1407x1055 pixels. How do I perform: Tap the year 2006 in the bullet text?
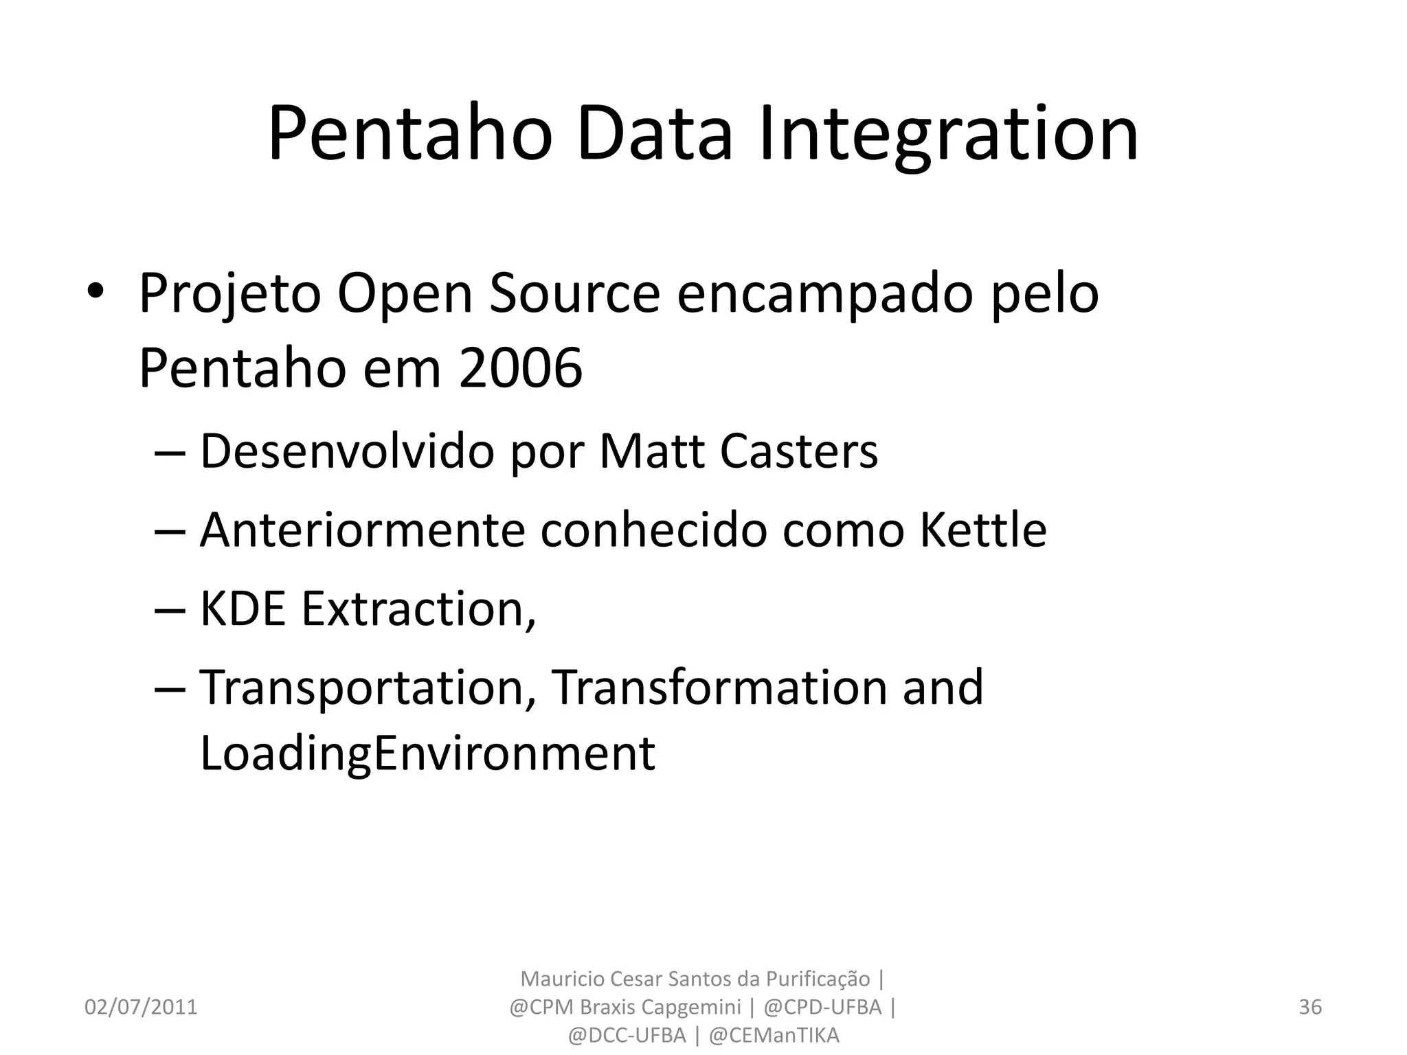coord(521,369)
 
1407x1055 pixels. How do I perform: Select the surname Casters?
coord(799,452)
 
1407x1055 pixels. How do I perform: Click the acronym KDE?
coord(242,609)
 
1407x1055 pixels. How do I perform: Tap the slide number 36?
coord(1310,1007)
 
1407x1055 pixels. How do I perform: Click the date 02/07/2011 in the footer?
coord(141,1007)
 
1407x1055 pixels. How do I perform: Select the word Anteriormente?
coord(362,531)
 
